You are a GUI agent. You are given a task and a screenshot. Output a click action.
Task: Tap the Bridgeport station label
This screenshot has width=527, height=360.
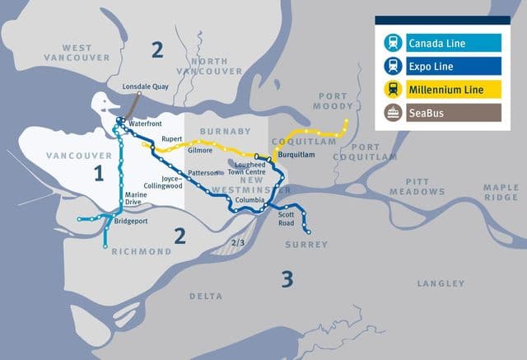129,222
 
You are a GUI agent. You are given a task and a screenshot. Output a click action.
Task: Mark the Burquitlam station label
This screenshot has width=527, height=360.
294,155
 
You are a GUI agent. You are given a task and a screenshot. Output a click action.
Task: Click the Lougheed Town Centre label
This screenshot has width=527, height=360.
250,168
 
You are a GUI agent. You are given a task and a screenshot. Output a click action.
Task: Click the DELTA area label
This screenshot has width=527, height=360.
205,296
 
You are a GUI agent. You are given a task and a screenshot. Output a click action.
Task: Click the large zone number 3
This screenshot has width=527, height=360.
286,278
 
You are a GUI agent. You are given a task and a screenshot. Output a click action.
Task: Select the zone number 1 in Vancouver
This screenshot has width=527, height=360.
99,174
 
